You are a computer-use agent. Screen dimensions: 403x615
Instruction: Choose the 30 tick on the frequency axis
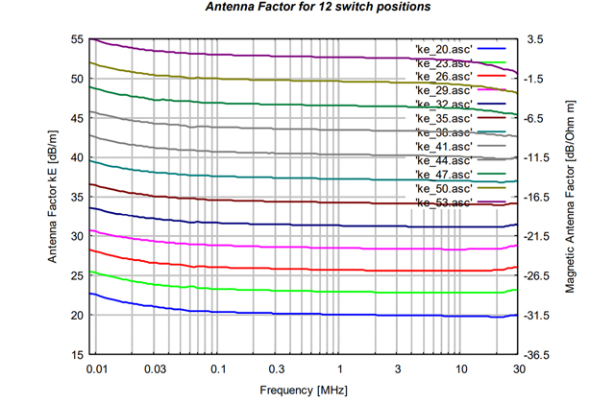coord(518,369)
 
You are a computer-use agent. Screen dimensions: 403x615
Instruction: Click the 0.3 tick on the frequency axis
coord(277,369)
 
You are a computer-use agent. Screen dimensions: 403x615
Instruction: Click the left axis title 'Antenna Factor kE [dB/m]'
coord(55,197)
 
